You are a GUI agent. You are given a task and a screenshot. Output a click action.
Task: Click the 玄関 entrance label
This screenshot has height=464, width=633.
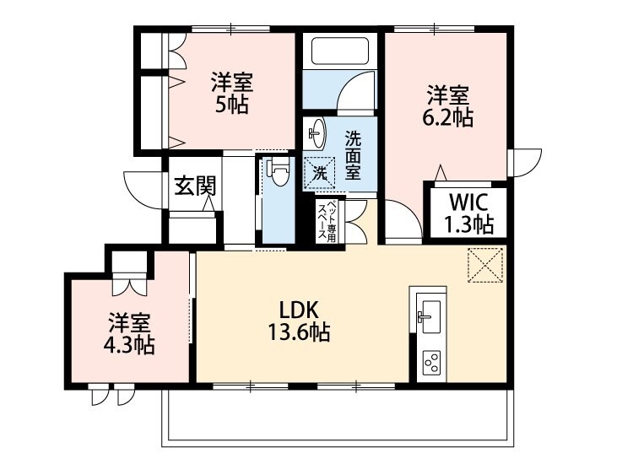[193, 186]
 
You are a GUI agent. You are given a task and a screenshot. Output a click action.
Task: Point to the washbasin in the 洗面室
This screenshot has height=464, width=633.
[316, 132]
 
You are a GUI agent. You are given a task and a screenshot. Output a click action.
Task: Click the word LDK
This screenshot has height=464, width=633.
[292, 310]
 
